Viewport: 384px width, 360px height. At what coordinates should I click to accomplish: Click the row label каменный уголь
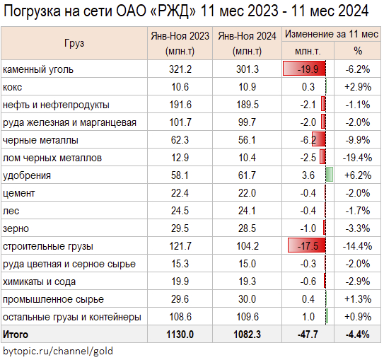(38, 69)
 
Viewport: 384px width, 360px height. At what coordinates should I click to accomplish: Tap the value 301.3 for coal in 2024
(247, 69)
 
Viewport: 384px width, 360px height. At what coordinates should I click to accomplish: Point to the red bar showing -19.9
(304, 69)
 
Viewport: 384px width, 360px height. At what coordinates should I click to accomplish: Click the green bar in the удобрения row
(330, 175)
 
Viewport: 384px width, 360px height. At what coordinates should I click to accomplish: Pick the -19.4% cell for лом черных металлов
(357, 158)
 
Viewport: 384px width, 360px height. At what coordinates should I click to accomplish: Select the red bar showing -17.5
(307, 245)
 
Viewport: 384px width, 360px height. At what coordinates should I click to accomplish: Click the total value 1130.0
(180, 335)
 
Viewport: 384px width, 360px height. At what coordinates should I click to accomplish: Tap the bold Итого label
(16, 335)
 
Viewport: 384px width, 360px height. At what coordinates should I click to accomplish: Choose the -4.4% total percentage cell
(357, 335)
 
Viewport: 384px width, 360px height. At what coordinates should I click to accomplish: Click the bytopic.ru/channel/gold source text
(58, 352)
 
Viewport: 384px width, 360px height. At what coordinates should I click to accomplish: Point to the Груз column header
(74, 43)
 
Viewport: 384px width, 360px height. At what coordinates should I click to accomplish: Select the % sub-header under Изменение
(358, 51)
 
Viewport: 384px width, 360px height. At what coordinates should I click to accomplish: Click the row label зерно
(16, 228)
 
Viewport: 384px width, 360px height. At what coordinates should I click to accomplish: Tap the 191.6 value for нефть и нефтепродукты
(180, 105)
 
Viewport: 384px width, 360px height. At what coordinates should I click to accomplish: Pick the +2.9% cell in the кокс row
(358, 87)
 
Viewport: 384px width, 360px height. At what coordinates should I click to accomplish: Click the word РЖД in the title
(173, 11)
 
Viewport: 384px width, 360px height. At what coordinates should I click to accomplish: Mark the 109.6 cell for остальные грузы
(247, 317)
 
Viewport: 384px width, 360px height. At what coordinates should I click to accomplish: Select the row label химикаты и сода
(39, 282)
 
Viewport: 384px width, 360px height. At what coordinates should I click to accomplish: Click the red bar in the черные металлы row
(319, 139)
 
